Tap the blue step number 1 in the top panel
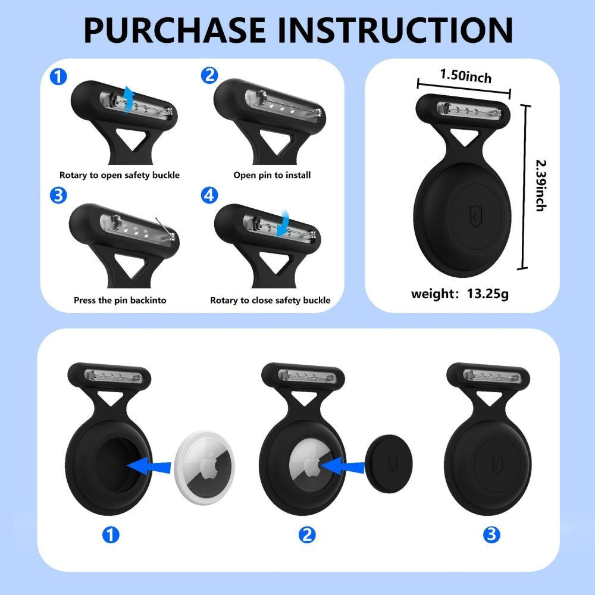coord(58,77)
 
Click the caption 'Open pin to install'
coord(271,175)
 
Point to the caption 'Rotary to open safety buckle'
coord(119,175)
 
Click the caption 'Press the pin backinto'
coord(120,300)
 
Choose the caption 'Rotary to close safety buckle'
coord(270,300)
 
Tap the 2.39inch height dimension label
coord(540,185)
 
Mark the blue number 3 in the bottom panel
coord(491,534)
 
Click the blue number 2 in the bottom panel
coord(306,534)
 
